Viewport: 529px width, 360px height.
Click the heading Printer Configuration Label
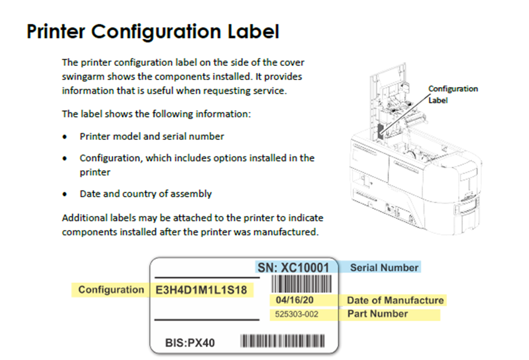pos(153,32)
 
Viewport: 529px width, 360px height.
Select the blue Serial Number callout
pos(384,267)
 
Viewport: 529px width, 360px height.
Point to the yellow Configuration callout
pos(111,290)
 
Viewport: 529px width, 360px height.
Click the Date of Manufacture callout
pos(394,300)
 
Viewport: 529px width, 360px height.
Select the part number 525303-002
pos(297,314)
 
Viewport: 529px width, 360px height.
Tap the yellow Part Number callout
pos(377,314)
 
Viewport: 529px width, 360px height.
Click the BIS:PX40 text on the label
pos(190,342)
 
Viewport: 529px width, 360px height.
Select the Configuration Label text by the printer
pos(452,94)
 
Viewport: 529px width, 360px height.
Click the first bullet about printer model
pos(152,136)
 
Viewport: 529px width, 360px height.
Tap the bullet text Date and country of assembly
pos(146,194)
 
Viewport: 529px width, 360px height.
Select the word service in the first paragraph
pos(270,90)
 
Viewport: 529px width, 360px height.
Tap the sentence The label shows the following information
pos(156,114)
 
